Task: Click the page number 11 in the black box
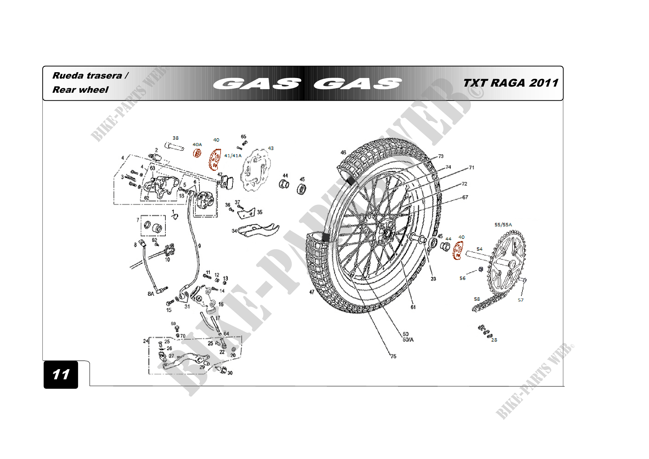[61, 374]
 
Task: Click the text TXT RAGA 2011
[511, 83]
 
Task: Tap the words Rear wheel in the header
[80, 90]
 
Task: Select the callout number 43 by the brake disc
[271, 148]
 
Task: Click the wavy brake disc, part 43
[255, 170]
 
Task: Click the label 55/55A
[503, 225]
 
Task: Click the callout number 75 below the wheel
[393, 356]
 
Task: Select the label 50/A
[408, 340]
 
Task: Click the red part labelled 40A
[197, 153]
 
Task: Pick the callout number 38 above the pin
[176, 138]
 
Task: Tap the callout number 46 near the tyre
[343, 152]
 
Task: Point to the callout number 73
[441, 156]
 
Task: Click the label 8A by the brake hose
[151, 294]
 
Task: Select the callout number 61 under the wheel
[413, 307]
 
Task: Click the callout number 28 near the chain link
[494, 340]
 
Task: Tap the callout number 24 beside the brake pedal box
[146, 341]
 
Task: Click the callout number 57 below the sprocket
[520, 300]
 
